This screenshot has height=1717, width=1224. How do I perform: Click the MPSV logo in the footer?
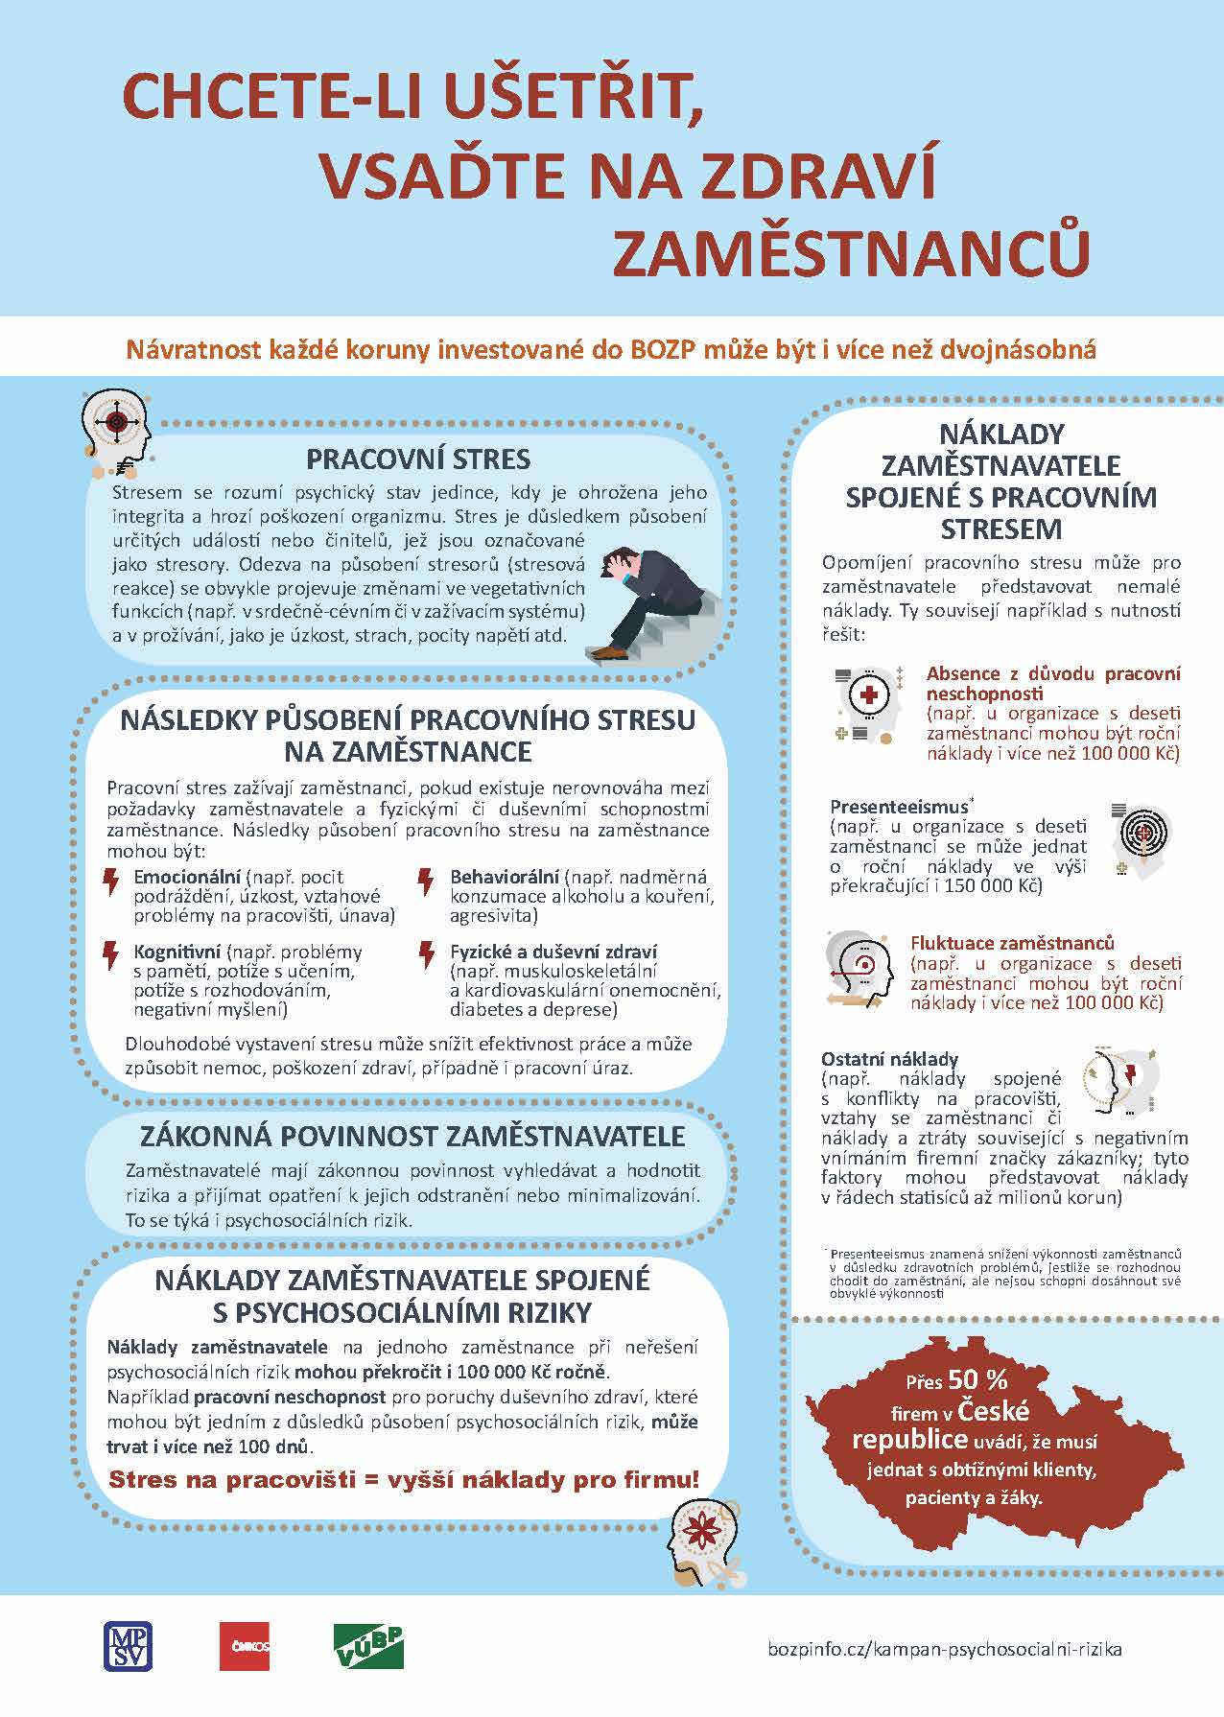click(x=128, y=1645)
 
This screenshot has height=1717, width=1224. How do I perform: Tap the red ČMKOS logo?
click(x=245, y=1647)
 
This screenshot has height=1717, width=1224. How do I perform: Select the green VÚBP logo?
click(x=368, y=1647)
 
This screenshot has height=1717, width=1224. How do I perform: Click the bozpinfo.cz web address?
click(x=944, y=1649)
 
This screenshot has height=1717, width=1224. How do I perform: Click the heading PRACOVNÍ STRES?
click(x=418, y=459)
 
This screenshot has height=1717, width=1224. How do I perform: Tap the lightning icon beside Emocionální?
click(x=112, y=881)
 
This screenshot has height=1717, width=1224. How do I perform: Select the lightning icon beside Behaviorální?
click(x=426, y=881)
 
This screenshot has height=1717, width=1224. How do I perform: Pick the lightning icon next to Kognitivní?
click(x=112, y=955)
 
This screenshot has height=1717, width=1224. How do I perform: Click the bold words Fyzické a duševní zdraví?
click(x=553, y=953)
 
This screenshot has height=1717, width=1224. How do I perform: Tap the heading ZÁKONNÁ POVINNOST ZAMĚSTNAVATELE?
click(x=412, y=1137)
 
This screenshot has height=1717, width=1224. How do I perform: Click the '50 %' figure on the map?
click(x=977, y=1379)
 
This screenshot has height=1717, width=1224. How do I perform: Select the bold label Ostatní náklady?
click(x=889, y=1059)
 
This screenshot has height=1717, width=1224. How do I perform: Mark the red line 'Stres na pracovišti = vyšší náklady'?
click(x=404, y=1480)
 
